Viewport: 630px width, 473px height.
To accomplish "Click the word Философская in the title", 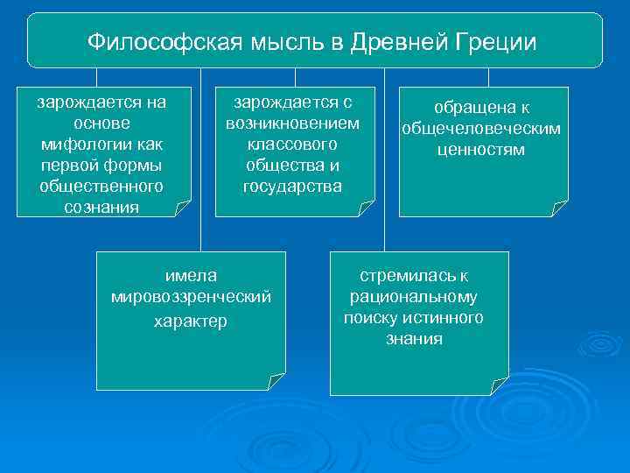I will point(148,41).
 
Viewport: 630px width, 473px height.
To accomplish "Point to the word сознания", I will point(101,207).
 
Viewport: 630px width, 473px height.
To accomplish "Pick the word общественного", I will point(101,186).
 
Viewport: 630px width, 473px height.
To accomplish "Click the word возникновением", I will point(292,123).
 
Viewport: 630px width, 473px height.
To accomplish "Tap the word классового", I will point(292,144).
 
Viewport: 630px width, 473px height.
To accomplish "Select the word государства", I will point(292,186).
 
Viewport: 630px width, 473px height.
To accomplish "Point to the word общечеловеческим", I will point(481,130).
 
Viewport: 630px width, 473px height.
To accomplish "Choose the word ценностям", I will point(481,150).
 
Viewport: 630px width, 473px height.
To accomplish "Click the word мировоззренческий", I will point(191,297).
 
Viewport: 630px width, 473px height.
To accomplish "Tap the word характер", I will point(191,321).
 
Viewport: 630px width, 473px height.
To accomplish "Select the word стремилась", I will point(407,276).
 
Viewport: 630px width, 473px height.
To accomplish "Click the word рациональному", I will point(414,297).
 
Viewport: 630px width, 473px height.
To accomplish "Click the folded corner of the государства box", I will point(366,208).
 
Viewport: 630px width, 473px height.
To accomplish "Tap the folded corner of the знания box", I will point(499,385).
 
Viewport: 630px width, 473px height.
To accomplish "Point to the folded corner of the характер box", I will point(276,381).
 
